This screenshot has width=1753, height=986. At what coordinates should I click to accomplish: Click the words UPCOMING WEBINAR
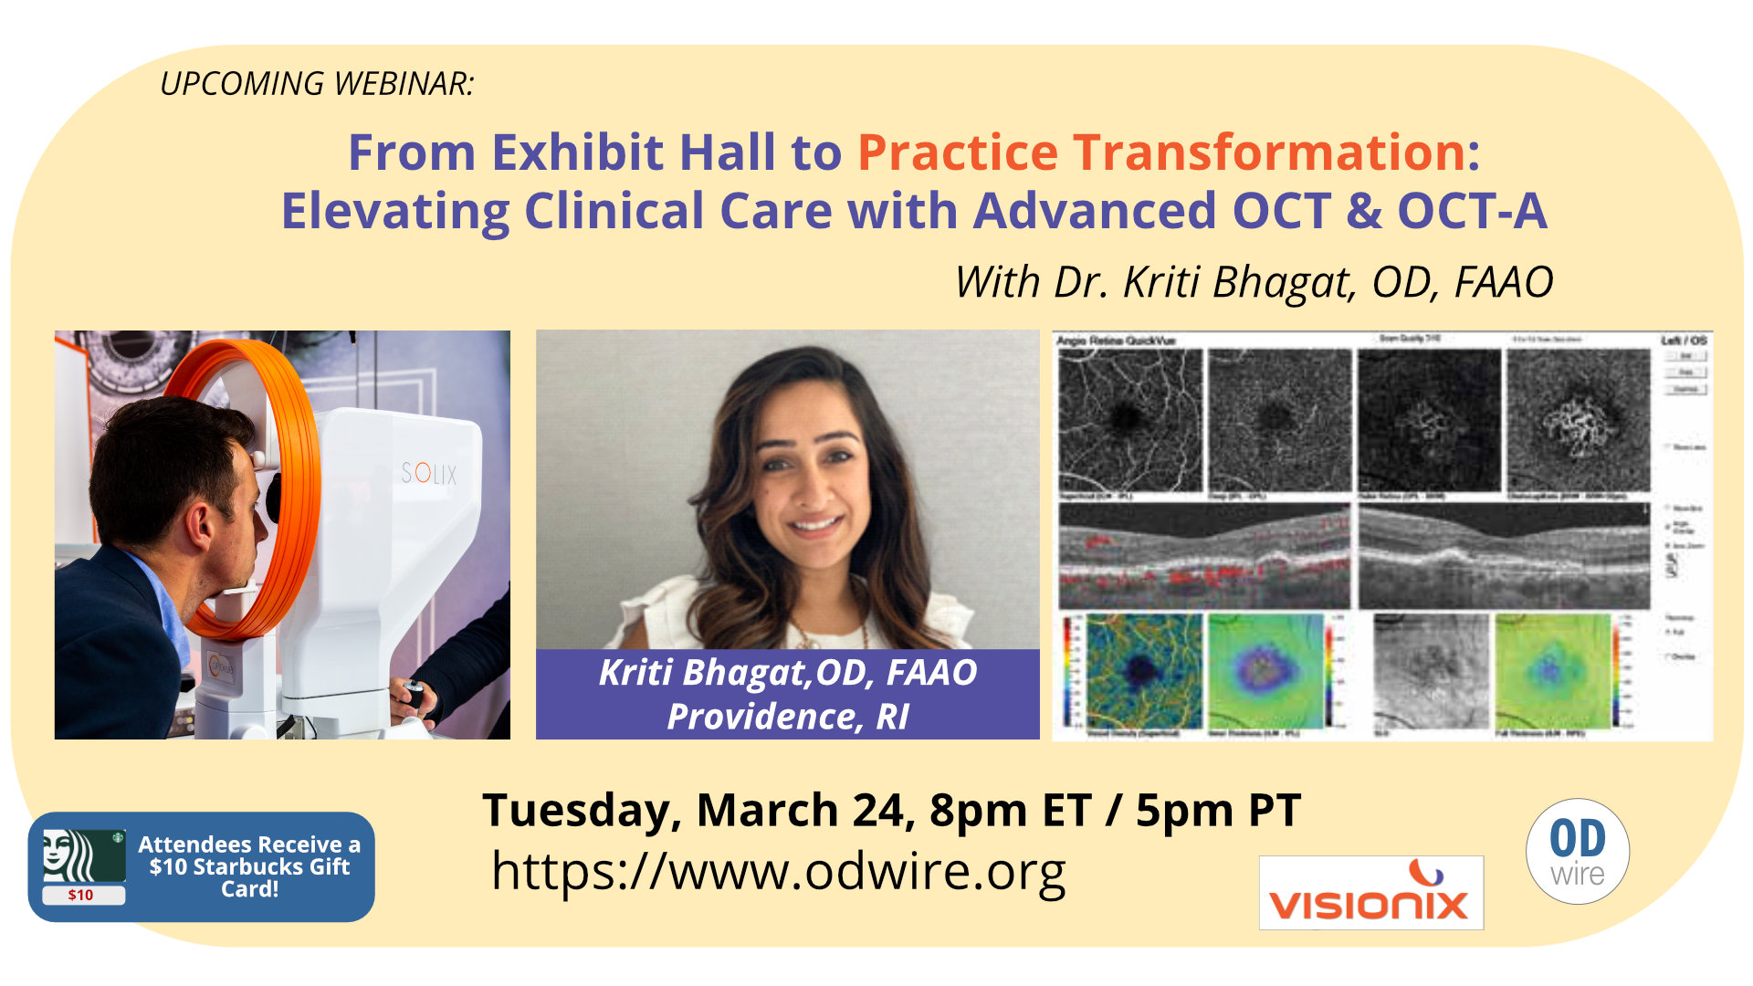pyautogui.click(x=317, y=83)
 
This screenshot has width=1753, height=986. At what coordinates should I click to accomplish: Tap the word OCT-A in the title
pyautogui.click(x=1472, y=211)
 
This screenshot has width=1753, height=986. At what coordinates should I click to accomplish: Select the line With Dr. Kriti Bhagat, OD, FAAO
pyautogui.click(x=1253, y=281)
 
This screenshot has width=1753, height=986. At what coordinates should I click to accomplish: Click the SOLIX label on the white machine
pyautogui.click(x=428, y=473)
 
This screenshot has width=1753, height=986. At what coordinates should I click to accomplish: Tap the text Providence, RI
pyautogui.click(x=787, y=717)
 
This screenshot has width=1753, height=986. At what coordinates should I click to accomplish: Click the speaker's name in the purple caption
pyautogui.click(x=787, y=672)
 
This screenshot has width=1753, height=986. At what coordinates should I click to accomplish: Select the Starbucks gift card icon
pyautogui.click(x=83, y=865)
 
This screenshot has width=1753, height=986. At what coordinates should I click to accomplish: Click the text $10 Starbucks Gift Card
pyautogui.click(x=249, y=866)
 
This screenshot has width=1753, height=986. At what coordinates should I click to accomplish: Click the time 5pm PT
pyautogui.click(x=1218, y=810)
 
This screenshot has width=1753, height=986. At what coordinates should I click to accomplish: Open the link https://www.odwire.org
pyautogui.click(x=778, y=871)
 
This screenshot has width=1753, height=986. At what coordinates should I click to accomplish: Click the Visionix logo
pyautogui.click(x=1370, y=893)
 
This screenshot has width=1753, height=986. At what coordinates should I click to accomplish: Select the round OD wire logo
pyautogui.click(x=1577, y=852)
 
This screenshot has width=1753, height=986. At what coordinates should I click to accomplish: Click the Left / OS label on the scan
pyautogui.click(x=1683, y=341)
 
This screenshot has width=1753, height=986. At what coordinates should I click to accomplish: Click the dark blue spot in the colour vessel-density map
pyautogui.click(x=1139, y=671)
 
